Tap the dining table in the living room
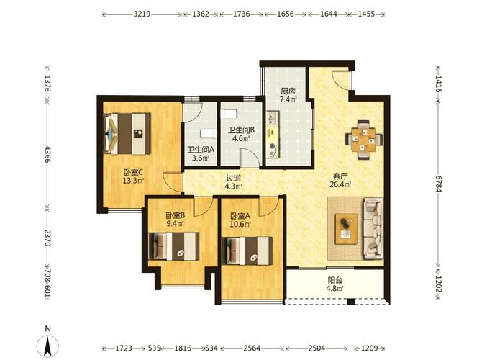coord(364,140)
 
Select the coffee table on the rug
coord(346,229)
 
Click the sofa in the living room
coord(373,228)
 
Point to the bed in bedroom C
coord(127,134)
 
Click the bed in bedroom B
coord(174,246)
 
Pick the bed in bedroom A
coord(247,251)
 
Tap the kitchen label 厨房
coord(288,91)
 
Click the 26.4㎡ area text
coord(340,184)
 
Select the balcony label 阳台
coord(334,280)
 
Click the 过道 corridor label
coord(234,178)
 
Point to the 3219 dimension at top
coord(142,14)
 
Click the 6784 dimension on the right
coord(438,184)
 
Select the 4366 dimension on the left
coord(47,154)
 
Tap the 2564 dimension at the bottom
coord(252,348)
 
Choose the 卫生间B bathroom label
coord(241,130)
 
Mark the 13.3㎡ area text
coord(133,181)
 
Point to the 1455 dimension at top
coord(366,14)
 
